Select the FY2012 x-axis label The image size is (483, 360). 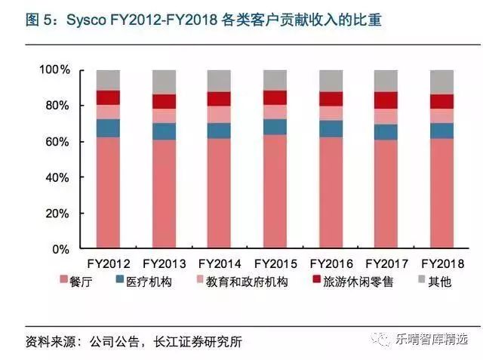pos(108,264)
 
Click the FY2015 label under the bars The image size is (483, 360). pos(275,264)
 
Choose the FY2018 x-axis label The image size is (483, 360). pos(441,264)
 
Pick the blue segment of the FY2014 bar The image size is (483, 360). pos(219,131)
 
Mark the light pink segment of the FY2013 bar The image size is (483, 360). pos(164,115)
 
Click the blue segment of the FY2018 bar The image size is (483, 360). pos(441,131)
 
